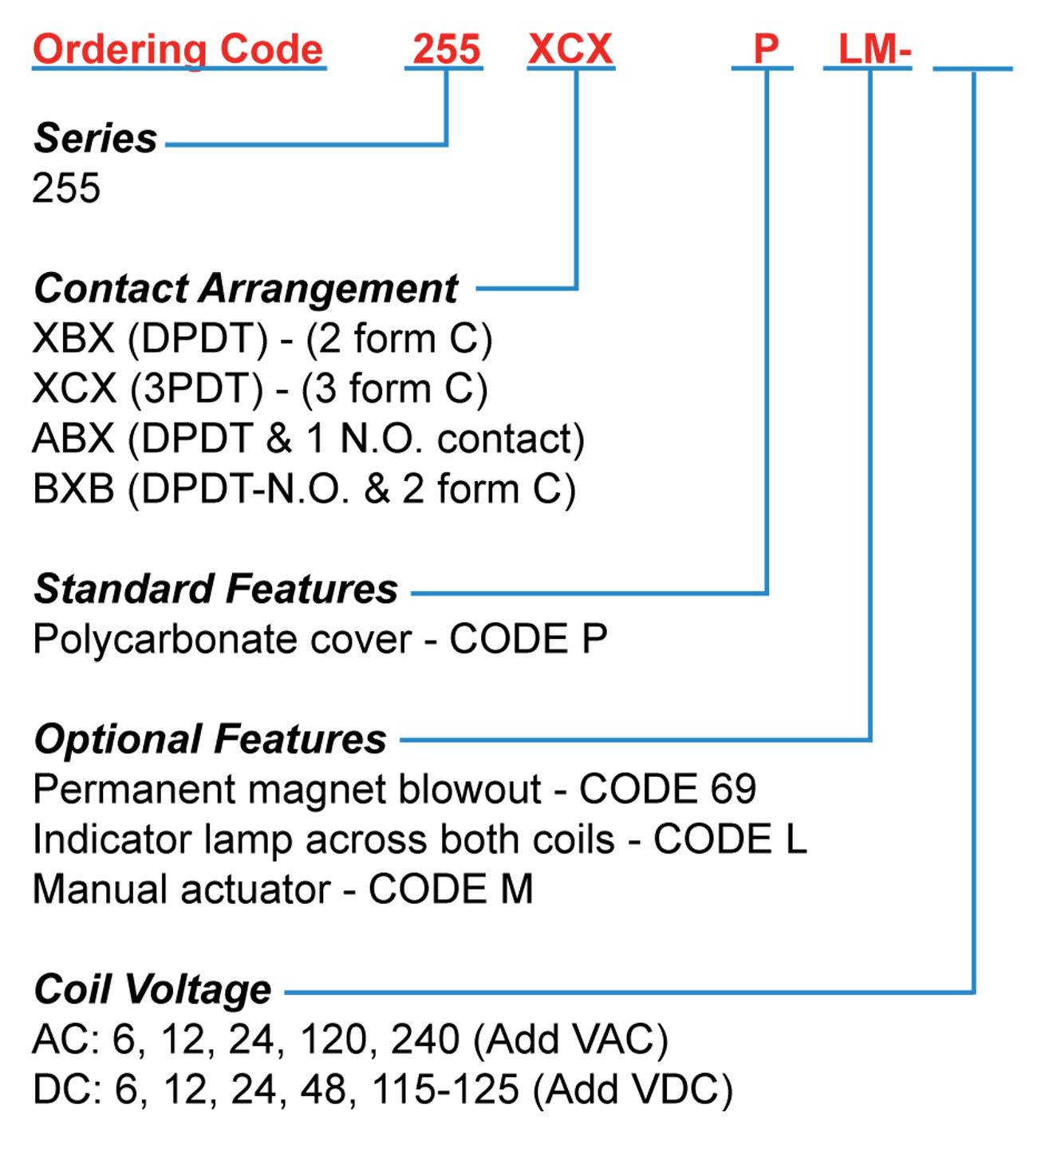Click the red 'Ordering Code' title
coord(178,49)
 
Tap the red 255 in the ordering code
coord(446,49)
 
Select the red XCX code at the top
coord(570,49)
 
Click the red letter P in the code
coord(765,49)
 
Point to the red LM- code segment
coord(874,49)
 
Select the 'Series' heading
coord(96,138)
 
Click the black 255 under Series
coord(66,188)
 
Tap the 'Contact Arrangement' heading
coord(246,289)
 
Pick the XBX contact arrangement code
coord(73,339)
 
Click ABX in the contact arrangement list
coord(73,440)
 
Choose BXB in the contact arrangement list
coord(73,489)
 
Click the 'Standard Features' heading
coord(215,590)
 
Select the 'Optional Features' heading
coord(211,740)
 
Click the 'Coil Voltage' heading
coord(153,990)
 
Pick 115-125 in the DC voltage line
coord(445,1090)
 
